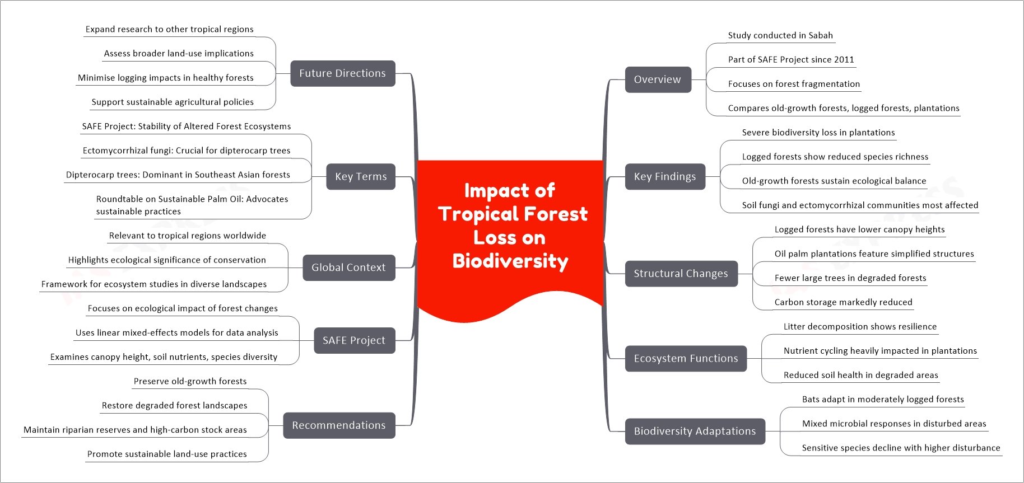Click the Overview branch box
pyautogui.click(x=658, y=79)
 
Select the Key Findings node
pyautogui.click(x=665, y=176)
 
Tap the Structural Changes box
pyautogui.click(x=681, y=274)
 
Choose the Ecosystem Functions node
pyautogui.click(x=686, y=359)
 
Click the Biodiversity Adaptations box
pyautogui.click(x=695, y=432)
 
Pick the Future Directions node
pyautogui.click(x=343, y=73)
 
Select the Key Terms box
pyautogui.click(x=361, y=176)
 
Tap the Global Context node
pyautogui.click(x=349, y=268)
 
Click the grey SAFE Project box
pyautogui.click(x=355, y=340)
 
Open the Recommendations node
pyautogui.click(x=339, y=425)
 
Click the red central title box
pyautogui.click(x=510, y=235)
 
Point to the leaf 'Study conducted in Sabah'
pyautogui.click(x=780, y=35)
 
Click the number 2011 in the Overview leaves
pyautogui.click(x=844, y=59)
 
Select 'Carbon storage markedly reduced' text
pyautogui.click(x=843, y=302)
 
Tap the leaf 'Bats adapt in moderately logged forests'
pyautogui.click(x=883, y=399)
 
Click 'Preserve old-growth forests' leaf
pyautogui.click(x=190, y=381)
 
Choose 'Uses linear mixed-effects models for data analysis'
pyautogui.click(x=176, y=332)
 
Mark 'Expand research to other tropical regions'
pyautogui.click(x=169, y=29)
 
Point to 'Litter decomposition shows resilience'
pyautogui.click(x=860, y=326)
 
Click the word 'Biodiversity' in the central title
pyautogui.click(x=510, y=261)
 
